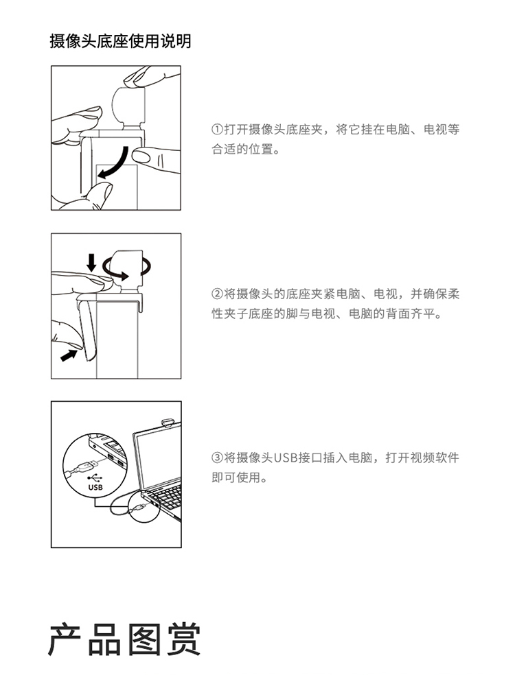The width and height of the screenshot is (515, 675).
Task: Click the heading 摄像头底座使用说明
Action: (120, 41)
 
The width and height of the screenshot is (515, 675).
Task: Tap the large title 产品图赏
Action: (124, 640)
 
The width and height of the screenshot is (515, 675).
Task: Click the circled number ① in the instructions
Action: (217, 130)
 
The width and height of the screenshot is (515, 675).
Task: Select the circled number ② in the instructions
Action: (217, 294)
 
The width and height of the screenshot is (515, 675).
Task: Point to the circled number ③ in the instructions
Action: (217, 458)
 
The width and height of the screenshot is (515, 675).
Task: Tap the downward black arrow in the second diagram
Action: (91, 263)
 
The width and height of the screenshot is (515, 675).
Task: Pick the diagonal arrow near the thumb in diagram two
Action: (69, 355)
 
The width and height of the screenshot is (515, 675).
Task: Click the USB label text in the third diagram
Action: (95, 487)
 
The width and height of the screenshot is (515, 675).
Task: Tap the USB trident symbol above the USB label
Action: (95, 478)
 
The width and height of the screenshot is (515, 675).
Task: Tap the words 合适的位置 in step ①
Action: (242, 150)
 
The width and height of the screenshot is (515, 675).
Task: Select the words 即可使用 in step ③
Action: (236, 477)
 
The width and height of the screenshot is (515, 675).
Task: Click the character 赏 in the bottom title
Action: (184, 640)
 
